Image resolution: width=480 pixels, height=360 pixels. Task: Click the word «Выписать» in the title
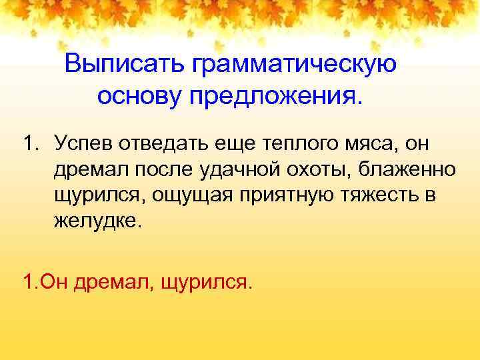pyautogui.click(x=125, y=65)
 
